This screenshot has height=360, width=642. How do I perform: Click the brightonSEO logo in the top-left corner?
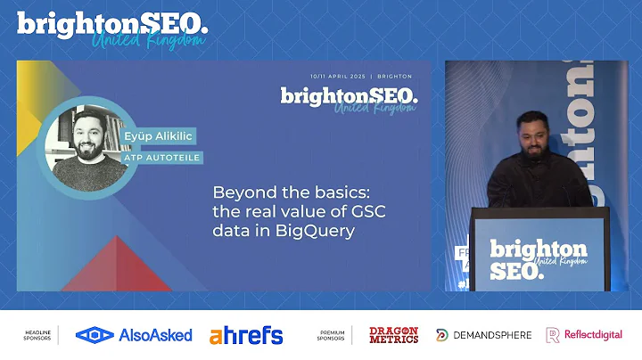pos(112,28)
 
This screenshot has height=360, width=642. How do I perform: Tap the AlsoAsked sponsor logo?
pos(134,335)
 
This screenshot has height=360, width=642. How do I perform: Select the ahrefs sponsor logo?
pos(246,335)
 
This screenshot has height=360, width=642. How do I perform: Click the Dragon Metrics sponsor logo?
pos(393,335)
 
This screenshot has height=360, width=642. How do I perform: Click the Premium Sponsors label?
pos(332,335)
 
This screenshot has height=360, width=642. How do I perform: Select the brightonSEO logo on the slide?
pos(348,96)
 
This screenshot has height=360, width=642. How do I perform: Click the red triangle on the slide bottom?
pos(116,267)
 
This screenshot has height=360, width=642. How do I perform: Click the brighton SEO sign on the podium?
pos(538,258)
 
